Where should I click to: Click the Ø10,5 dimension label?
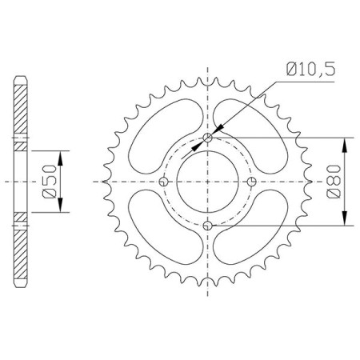click(x=310, y=70)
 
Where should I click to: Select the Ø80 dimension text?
click(x=334, y=182)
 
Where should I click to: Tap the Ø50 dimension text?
click(x=50, y=182)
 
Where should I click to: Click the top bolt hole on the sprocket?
click(x=207, y=138)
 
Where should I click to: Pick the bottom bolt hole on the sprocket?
click(x=207, y=226)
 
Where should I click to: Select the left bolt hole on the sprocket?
click(x=163, y=182)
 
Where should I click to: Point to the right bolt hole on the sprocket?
click(x=251, y=182)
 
